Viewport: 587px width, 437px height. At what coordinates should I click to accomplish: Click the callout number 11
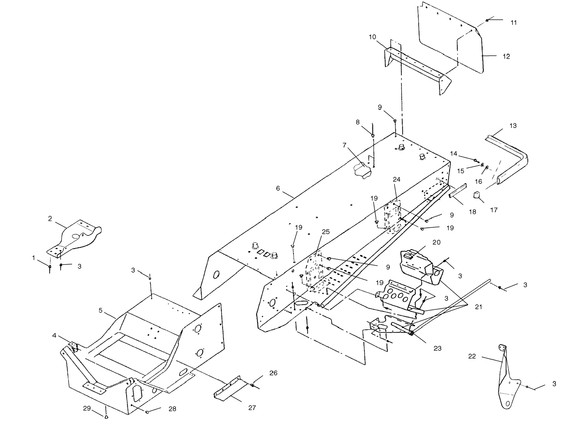tap(514, 23)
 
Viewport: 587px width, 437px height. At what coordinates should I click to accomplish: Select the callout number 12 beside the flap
tap(506, 56)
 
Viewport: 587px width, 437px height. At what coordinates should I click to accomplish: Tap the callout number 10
tap(372, 37)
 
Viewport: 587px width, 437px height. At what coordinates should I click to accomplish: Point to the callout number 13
tap(513, 126)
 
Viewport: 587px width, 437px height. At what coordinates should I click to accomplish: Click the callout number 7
tap(344, 145)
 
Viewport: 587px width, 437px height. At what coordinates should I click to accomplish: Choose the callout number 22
tap(472, 356)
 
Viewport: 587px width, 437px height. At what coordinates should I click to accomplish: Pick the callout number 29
tap(87, 408)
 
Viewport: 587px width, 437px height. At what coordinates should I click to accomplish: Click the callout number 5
tap(100, 310)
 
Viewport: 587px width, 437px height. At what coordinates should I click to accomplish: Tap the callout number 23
tap(438, 348)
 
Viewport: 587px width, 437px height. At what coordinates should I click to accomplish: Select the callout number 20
tap(436, 242)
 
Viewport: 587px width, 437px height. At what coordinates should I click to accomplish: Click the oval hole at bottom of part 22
tap(508, 404)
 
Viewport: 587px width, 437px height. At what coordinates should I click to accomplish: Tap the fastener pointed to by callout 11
tap(487, 20)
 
